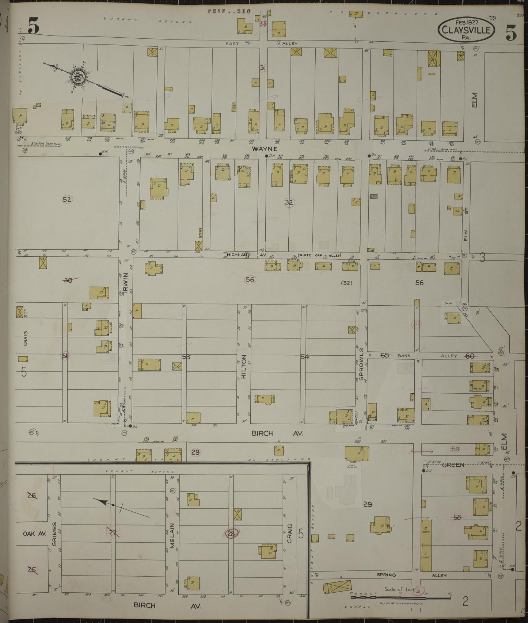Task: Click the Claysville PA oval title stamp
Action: pos(466,29)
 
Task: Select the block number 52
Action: pos(67,199)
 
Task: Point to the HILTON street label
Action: pos(244,366)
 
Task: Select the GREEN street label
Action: pos(453,465)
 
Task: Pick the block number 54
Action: pos(305,357)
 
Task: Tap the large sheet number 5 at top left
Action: pos(34,26)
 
